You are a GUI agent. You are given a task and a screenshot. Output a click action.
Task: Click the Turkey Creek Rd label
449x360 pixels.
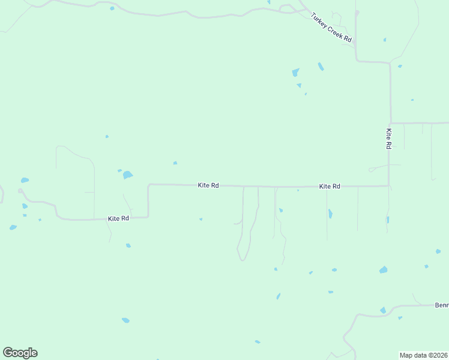pos(331,28)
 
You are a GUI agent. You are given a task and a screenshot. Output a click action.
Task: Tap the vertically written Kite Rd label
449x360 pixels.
pos(389,139)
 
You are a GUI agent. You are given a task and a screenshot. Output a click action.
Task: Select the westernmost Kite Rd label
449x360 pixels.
pos(118,218)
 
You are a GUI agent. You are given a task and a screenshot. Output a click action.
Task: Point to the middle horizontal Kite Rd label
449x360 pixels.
pos(208,185)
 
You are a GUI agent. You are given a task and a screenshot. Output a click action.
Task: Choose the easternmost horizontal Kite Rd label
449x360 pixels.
pos(330,187)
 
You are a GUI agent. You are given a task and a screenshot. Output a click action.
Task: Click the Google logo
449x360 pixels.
pos(20,353)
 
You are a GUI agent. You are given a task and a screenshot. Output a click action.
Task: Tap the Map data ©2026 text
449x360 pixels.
pos(424,355)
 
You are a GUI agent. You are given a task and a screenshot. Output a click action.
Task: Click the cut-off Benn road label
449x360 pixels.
pos(442,305)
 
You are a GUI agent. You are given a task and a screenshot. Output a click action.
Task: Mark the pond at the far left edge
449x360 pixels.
pos(25,180)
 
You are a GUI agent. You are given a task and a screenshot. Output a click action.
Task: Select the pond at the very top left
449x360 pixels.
pos(112,8)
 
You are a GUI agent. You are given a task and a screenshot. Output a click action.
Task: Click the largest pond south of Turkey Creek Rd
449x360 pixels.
pos(295,73)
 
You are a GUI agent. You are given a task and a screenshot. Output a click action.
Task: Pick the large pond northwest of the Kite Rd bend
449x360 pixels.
pos(127,175)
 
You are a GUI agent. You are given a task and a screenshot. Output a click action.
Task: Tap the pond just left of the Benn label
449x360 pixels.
pos(383,310)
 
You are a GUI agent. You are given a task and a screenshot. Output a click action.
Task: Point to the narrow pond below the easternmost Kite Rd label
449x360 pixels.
pos(330,214)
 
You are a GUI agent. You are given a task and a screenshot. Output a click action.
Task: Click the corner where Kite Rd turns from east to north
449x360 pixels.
pos(388,185)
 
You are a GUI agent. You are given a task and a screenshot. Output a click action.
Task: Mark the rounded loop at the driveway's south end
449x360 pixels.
pos(242,258)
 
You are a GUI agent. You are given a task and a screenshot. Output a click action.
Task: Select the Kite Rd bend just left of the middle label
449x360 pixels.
pos(149,185)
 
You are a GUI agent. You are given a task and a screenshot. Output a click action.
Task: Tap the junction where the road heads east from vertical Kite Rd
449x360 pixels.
pos(391,123)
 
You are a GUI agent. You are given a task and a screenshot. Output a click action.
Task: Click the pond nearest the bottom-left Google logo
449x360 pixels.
pos(125,320)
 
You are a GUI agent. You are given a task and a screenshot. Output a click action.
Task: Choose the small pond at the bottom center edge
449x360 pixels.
pos(258,342)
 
